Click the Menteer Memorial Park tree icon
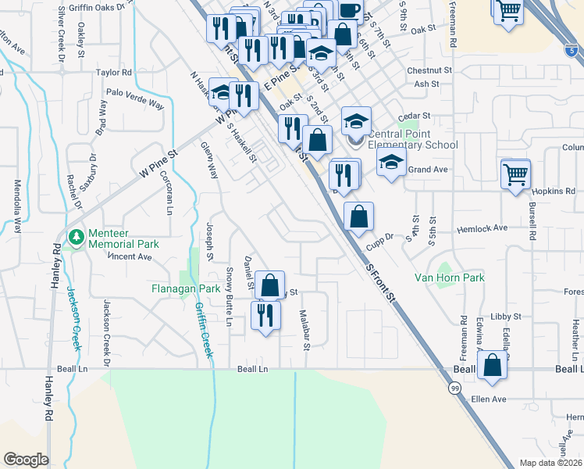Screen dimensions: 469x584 click(76, 236)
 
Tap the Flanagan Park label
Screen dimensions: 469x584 click(185, 288)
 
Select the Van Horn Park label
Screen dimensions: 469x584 click(449, 277)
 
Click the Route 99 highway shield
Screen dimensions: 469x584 click(454, 388)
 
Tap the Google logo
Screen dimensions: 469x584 click(26, 459)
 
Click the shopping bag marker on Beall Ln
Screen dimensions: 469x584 click(492, 366)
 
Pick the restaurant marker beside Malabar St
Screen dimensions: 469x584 click(265, 316)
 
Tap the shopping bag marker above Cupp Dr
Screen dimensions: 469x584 click(358, 217)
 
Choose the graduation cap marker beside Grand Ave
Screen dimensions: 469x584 click(391, 163)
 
